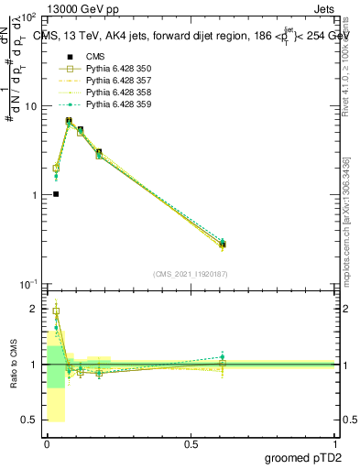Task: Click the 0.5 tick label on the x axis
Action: (191, 443)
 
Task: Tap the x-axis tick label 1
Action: (334, 443)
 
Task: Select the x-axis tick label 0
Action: (47, 443)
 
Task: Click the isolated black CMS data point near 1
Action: (56, 194)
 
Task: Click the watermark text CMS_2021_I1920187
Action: (191, 274)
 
